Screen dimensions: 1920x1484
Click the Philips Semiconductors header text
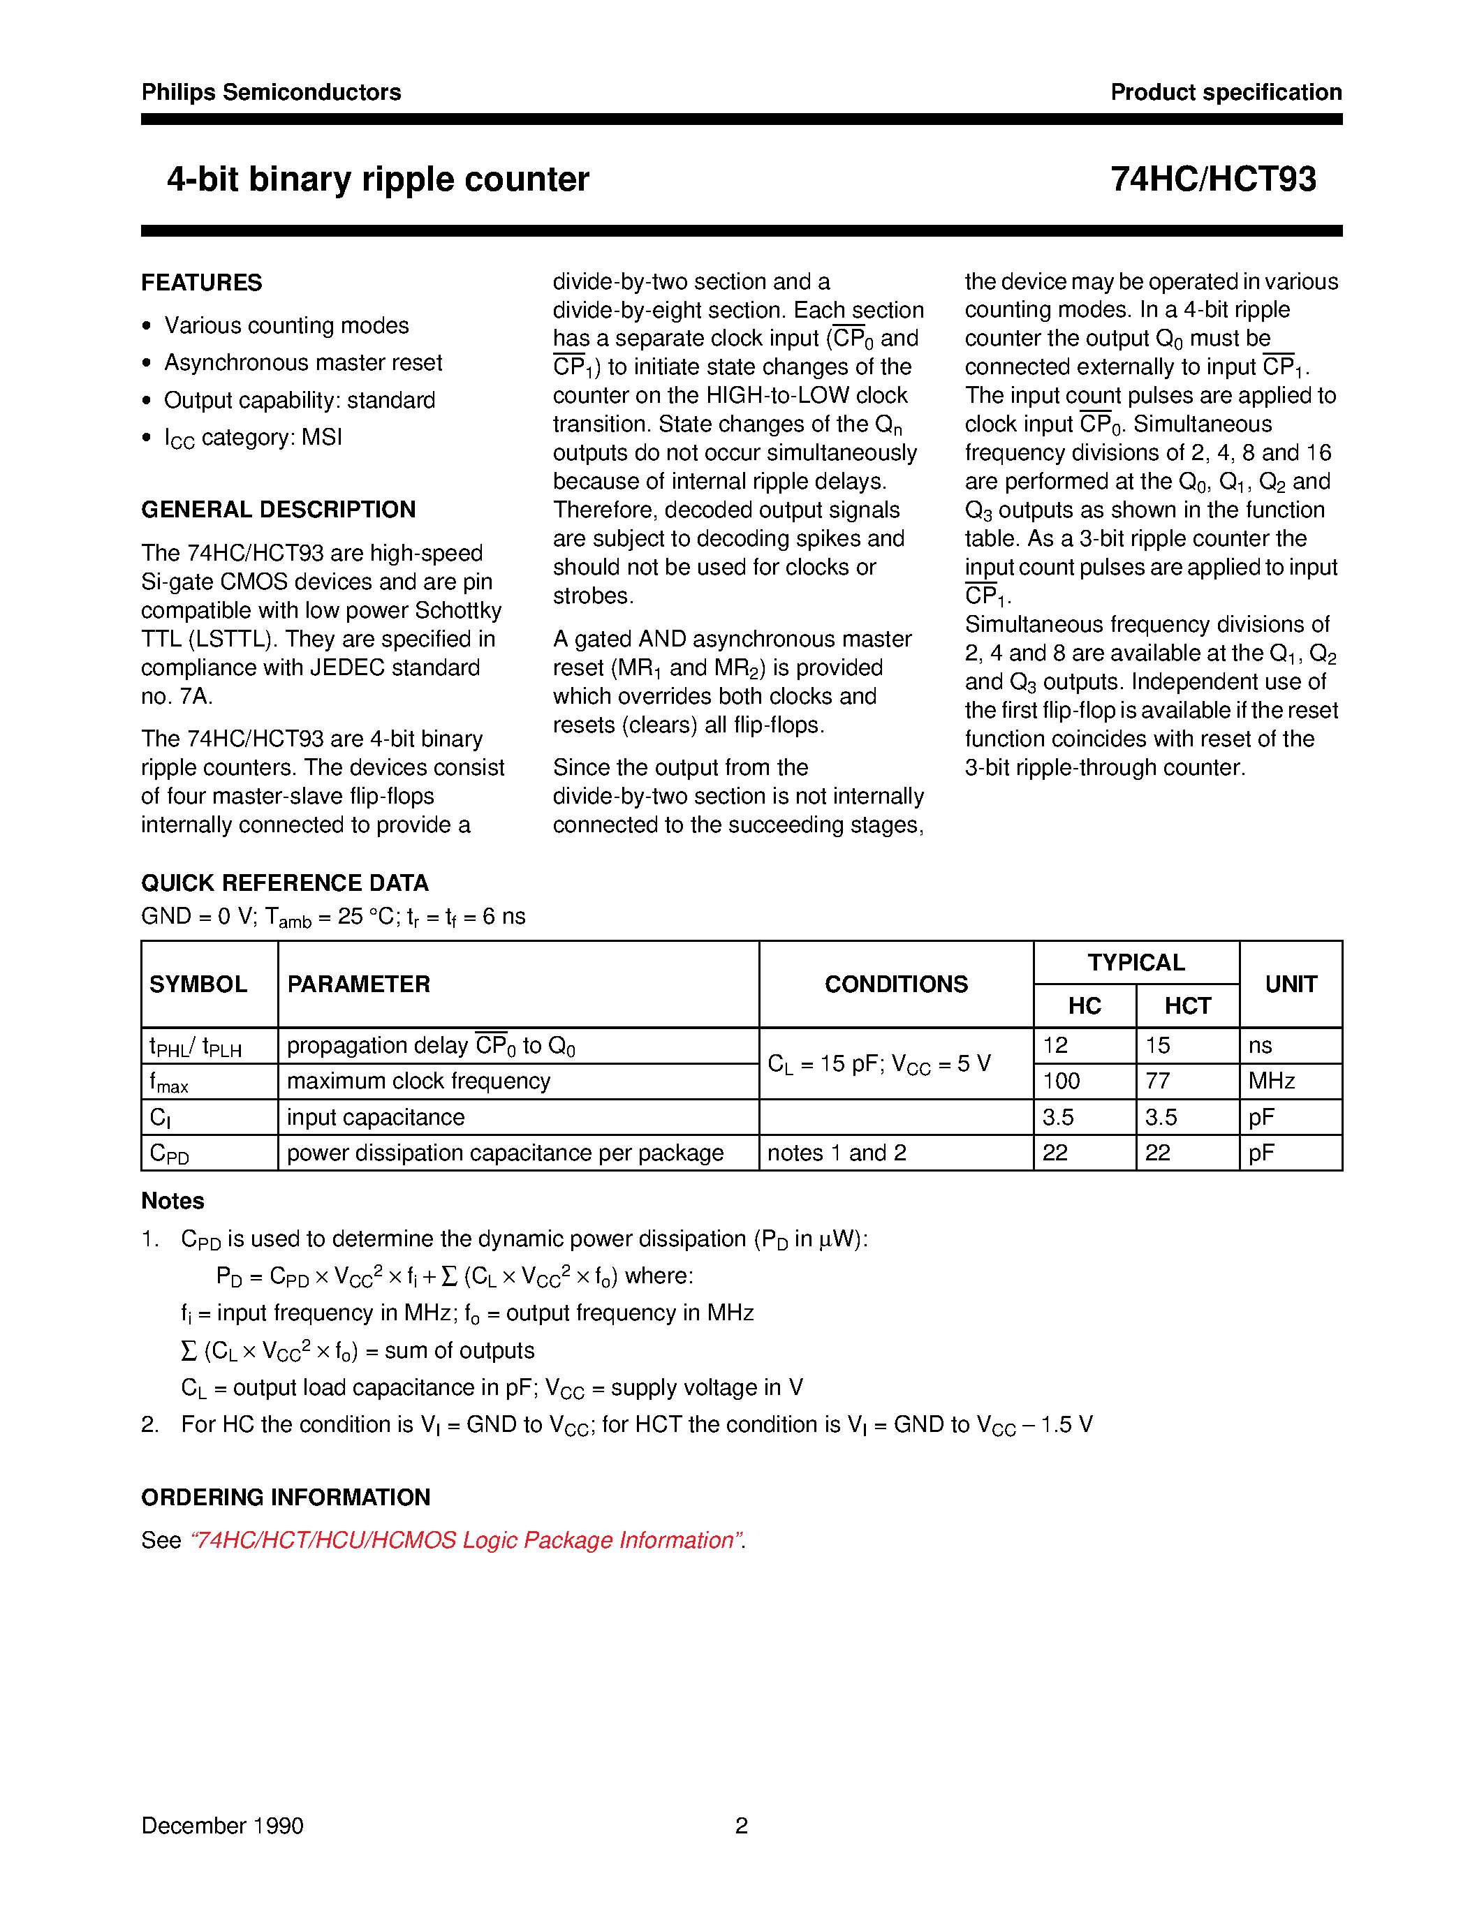click(271, 92)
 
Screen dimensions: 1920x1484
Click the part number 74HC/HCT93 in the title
click(1212, 179)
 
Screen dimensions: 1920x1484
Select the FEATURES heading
click(201, 283)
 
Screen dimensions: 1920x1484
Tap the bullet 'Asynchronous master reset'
click(302, 363)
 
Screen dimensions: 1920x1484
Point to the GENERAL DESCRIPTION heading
click(278, 510)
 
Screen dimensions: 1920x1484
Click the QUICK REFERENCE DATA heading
click(285, 883)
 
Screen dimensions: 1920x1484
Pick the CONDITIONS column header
click(895, 984)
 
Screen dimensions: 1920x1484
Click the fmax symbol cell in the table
click(169, 1082)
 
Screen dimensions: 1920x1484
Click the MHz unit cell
click(1271, 1081)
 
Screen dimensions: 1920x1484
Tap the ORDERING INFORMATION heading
click(286, 1497)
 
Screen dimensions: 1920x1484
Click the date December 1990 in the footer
click(222, 1826)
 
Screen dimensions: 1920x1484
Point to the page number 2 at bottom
click(741, 1826)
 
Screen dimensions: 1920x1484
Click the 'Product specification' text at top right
click(1226, 92)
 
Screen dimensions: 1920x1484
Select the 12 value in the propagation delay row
click(1055, 1045)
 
